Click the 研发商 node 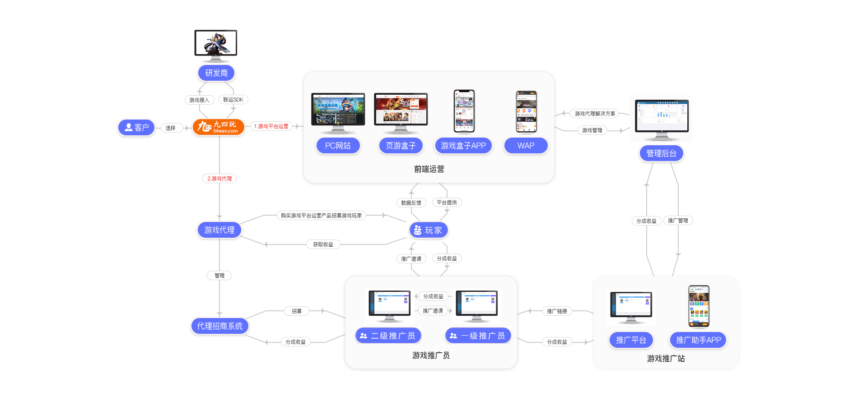coord(216,73)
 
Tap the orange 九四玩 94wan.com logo coord(219,127)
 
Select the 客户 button coord(136,128)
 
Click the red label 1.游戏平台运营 coord(271,126)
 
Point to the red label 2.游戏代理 coord(219,179)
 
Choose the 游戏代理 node coord(219,230)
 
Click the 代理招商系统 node coord(219,326)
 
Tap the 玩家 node coord(429,230)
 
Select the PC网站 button coord(338,146)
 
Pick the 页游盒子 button coord(401,146)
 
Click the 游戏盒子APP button coord(463,146)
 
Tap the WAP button coord(526,146)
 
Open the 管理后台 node coord(661,153)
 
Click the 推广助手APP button coord(698,340)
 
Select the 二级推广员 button coord(388,336)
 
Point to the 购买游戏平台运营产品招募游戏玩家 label coord(321,216)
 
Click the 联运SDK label coord(233,100)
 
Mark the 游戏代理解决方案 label coord(595,114)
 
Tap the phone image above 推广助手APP coord(699,306)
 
